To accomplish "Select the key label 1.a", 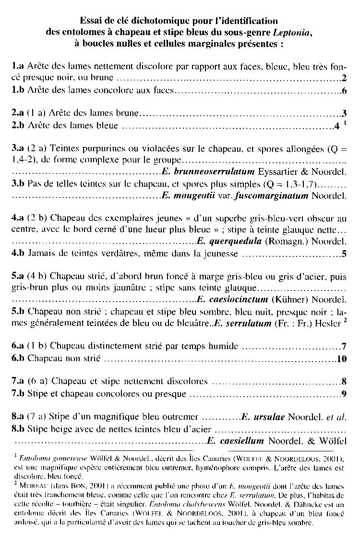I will tap(18, 65).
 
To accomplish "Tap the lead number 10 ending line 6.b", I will tap(342, 359).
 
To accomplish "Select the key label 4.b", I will tap(18, 254).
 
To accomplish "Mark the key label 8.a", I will tap(18, 416).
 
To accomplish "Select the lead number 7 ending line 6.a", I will tap(344, 346).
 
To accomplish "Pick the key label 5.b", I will tap(18, 311).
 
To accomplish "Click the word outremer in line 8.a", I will tap(183, 416).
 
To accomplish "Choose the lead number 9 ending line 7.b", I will tap(344, 394).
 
